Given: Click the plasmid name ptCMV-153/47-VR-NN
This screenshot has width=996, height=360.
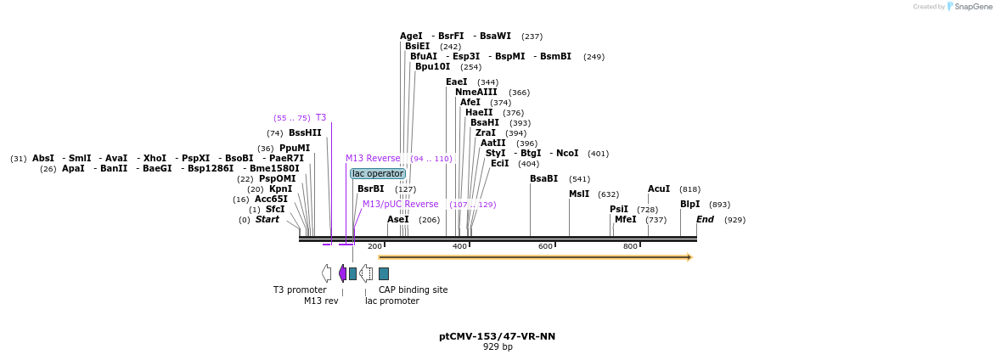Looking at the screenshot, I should click(x=497, y=336).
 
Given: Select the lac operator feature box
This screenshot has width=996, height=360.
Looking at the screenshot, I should click(x=378, y=173).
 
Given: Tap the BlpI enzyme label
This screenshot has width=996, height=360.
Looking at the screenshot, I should click(x=690, y=204).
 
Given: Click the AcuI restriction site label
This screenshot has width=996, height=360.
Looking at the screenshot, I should click(x=659, y=188).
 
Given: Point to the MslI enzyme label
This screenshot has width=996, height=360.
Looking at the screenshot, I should click(x=579, y=194).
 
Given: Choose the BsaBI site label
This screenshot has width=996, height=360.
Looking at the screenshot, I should click(x=543, y=178).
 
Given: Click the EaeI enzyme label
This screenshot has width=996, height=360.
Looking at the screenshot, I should click(x=457, y=82).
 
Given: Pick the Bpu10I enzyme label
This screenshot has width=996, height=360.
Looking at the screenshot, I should click(x=433, y=66).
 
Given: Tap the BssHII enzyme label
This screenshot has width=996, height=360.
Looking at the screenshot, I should click(x=305, y=132).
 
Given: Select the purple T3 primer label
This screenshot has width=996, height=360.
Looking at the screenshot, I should click(x=321, y=117).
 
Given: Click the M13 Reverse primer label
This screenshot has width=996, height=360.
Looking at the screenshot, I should click(x=373, y=158).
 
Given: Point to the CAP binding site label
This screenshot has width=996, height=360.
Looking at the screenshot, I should click(x=413, y=290).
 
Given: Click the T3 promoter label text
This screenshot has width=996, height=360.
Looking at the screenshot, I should click(x=300, y=290).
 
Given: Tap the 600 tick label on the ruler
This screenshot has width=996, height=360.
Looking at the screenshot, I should click(x=545, y=246).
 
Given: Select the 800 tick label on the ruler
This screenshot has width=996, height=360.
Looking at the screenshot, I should click(x=630, y=246).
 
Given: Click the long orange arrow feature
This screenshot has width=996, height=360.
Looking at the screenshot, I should click(x=535, y=256).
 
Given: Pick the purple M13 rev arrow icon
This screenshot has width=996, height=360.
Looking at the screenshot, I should click(x=342, y=273).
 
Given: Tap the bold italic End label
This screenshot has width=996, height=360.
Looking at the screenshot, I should click(x=705, y=219).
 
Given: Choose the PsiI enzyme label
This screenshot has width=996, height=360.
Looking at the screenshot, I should click(x=619, y=209).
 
